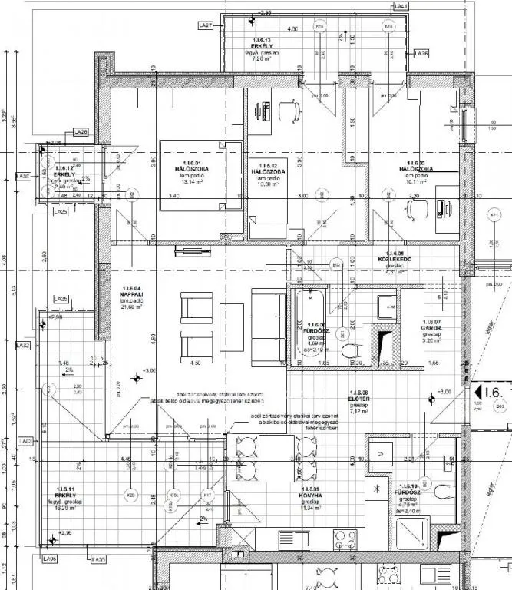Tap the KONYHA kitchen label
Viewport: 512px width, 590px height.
coord(311,495)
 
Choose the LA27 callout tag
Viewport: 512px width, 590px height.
coord(206,25)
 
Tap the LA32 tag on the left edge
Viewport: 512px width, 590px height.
coord(23,346)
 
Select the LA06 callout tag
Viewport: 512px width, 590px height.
coord(51,559)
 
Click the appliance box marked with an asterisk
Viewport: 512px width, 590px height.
coord(376,489)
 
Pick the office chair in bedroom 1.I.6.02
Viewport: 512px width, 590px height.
coord(289,112)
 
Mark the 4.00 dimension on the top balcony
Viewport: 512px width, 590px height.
coord(292,29)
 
